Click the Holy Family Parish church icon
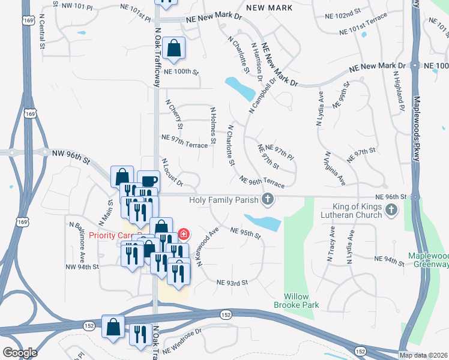pos(268,200)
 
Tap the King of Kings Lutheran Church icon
pos(391,209)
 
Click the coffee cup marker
pos(148,181)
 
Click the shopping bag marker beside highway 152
pos(113,327)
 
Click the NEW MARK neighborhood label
pos(270,8)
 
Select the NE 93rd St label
pos(232,282)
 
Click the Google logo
pos(20,352)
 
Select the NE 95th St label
pos(246,233)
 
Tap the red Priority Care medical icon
pos(184,234)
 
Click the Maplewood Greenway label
pos(428,260)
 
